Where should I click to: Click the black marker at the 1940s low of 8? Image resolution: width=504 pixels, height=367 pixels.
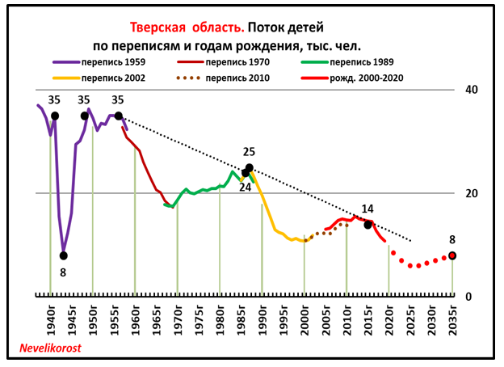[x=64, y=255]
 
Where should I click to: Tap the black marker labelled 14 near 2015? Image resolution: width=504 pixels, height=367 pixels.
[x=367, y=225]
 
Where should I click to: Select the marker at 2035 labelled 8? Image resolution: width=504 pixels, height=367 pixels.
[x=452, y=255]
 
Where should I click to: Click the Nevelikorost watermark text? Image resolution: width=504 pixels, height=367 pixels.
[x=55, y=350]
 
